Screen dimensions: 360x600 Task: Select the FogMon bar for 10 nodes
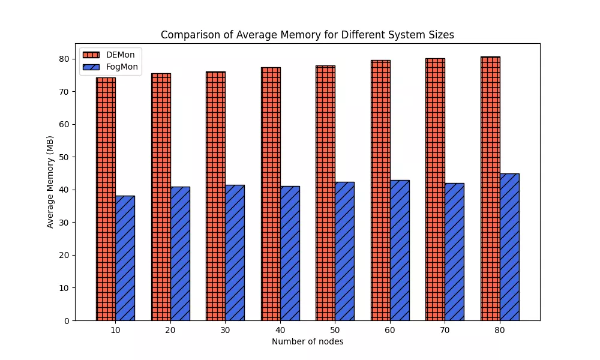pyautogui.click(x=125, y=258)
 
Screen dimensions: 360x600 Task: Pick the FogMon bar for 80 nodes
pyautogui.click(x=509, y=247)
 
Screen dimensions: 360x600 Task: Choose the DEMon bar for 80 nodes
pyautogui.click(x=490, y=188)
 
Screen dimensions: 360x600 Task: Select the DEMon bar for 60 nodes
pyautogui.click(x=380, y=190)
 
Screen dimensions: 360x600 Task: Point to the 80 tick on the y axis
pyautogui.click(x=64, y=59)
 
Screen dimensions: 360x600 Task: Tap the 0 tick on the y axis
pyautogui.click(x=66, y=320)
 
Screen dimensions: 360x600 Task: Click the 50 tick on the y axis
pyautogui.click(x=64, y=157)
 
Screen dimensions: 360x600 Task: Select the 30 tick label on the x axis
pyautogui.click(x=225, y=330)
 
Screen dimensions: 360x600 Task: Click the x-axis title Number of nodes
pyautogui.click(x=307, y=341)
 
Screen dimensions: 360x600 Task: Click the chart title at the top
pyautogui.click(x=307, y=35)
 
